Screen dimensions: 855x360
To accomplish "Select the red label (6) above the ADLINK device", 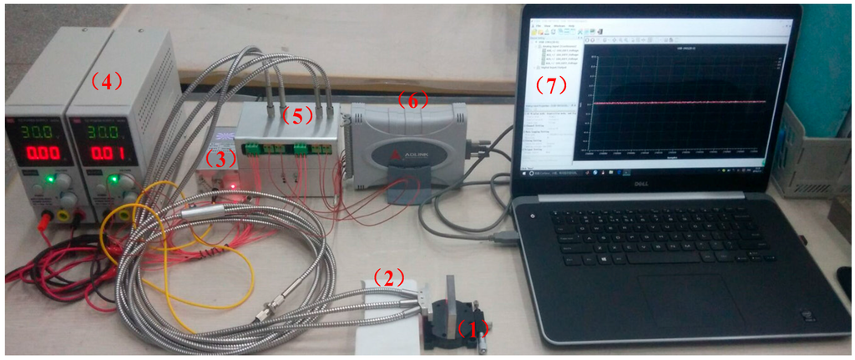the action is point(412,100).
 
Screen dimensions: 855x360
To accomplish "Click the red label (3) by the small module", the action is point(220,156).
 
